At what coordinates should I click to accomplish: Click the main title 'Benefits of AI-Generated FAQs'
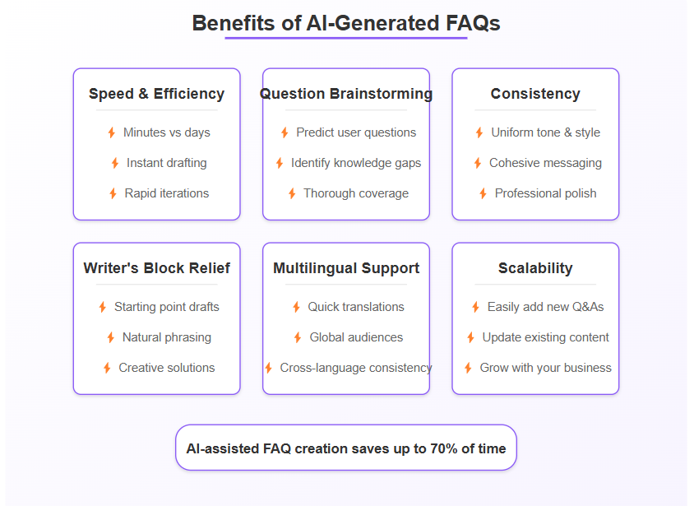346,23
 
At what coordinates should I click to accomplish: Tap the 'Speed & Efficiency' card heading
156,94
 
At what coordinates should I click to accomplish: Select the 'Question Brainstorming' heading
346,94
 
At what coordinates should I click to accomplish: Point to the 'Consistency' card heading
535,94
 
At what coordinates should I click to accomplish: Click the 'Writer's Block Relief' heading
156,268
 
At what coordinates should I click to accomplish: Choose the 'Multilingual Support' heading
346,268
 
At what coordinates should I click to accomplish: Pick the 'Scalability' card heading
535,268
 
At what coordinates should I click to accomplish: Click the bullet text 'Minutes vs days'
166,132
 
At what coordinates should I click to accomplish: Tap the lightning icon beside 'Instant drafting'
115,163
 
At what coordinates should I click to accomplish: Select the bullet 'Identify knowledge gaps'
355,163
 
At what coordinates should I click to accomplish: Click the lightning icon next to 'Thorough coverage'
292,193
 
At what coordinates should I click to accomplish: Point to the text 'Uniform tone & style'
545,132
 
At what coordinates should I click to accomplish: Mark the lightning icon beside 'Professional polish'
483,193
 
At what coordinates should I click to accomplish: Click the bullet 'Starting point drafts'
166,307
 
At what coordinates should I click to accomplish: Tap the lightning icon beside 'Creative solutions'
107,368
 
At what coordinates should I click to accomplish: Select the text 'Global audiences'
356,337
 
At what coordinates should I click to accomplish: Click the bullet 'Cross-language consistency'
355,368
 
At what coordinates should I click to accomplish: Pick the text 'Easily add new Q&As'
545,307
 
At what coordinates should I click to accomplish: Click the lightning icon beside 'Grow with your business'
469,368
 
